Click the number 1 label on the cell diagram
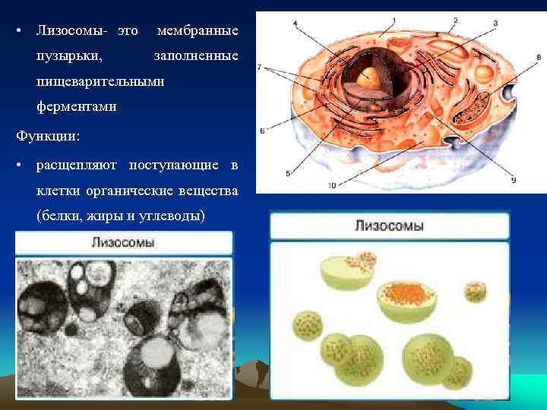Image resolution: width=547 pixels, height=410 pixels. click(394, 20)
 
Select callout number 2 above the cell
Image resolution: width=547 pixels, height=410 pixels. click(454, 20)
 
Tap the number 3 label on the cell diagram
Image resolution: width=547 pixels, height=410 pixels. click(495, 24)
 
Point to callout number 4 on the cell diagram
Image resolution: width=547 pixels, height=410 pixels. click(295, 24)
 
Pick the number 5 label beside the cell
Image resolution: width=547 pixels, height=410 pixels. click(287, 174)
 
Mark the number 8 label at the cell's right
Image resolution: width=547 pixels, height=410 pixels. click(538, 57)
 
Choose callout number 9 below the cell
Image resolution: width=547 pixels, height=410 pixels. click(513, 179)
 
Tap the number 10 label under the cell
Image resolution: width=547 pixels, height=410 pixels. click(332, 184)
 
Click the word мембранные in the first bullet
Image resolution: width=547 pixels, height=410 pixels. click(197, 31)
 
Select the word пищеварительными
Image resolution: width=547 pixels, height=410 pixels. click(100, 81)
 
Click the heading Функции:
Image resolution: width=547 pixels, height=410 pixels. click(47, 137)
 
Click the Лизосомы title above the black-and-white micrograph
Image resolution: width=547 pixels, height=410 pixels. click(123, 244)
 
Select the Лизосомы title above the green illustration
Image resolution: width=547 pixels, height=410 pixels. click(389, 226)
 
